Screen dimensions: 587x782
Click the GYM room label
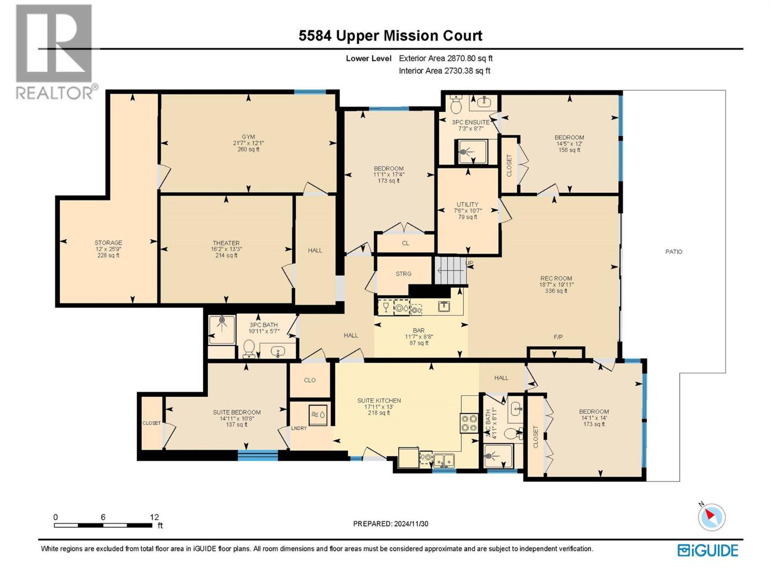248,137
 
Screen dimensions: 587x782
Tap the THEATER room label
226,243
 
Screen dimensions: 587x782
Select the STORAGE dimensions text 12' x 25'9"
108,249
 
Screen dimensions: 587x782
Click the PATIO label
673,251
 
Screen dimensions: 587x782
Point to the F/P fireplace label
558,337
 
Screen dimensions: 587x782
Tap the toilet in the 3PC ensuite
456,104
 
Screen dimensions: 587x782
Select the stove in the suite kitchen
469,423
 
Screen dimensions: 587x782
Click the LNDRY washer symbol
318,415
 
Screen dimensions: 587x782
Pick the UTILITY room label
468,204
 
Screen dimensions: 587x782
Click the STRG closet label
403,274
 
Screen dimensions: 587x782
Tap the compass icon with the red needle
711,517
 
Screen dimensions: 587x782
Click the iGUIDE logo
708,550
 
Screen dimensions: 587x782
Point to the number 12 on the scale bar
154,517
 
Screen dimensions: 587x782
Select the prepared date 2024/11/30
410,523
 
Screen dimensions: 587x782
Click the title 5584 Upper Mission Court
391,36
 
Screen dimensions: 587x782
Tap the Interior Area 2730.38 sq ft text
444,70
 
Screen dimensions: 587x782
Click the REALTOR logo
55,51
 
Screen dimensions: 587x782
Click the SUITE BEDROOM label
237,412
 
